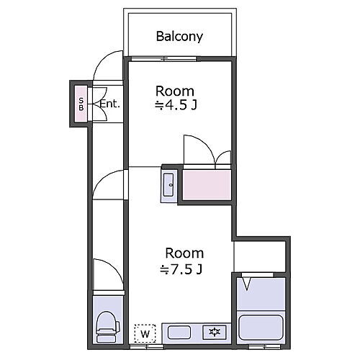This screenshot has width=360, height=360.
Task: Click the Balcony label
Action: tap(179, 37)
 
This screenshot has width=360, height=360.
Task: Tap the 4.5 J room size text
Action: tap(176, 105)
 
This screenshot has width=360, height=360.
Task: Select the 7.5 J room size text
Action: tap(181, 269)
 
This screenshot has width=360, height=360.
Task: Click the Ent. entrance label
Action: tap(109, 104)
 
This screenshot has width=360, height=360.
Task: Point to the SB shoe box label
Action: tap(81, 104)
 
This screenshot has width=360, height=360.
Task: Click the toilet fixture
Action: tap(108, 327)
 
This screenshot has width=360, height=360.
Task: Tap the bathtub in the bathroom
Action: tap(261, 328)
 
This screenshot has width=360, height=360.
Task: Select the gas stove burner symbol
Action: tap(215, 332)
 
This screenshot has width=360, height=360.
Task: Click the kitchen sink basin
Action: tap(179, 332)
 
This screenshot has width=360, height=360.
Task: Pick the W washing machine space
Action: tap(145, 333)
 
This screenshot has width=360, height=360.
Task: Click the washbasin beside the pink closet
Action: tap(168, 184)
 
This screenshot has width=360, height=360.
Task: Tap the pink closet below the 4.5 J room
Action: tap(207, 185)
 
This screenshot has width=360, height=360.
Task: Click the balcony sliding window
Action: tap(164, 58)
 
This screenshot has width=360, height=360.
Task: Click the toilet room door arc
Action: tap(114, 267)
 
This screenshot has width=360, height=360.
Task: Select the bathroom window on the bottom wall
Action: tap(264, 346)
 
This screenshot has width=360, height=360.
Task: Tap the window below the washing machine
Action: tap(147, 346)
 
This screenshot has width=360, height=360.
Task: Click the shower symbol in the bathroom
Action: tap(246, 284)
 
